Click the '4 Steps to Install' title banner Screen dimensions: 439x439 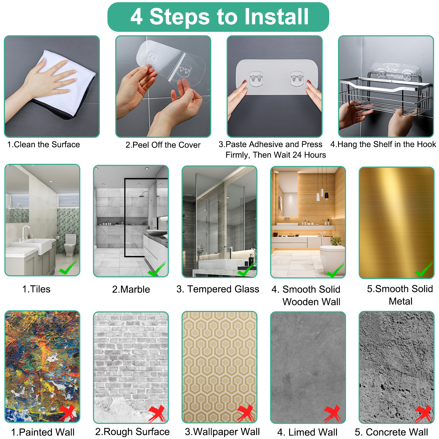pyautogui.click(x=218, y=17)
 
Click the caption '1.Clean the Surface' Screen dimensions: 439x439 pyautogui.click(x=44, y=145)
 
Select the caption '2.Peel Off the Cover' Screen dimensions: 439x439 pyautogui.click(x=163, y=145)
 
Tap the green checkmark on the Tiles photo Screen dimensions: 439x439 pyautogui.click(x=68, y=268)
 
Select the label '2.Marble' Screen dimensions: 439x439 pyautogui.click(x=131, y=289)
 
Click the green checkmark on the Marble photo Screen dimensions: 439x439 pyautogui.click(x=157, y=269)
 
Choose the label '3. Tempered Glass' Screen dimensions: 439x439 pyautogui.click(x=218, y=289)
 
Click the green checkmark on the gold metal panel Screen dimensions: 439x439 pyautogui.click(x=424, y=269)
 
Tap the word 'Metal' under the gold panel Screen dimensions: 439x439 pyautogui.click(x=401, y=302)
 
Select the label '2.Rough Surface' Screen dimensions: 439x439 pyautogui.click(x=132, y=432)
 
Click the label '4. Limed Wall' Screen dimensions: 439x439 pyautogui.click(x=307, y=432)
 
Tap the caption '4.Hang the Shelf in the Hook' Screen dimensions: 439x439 pyautogui.click(x=383, y=144)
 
